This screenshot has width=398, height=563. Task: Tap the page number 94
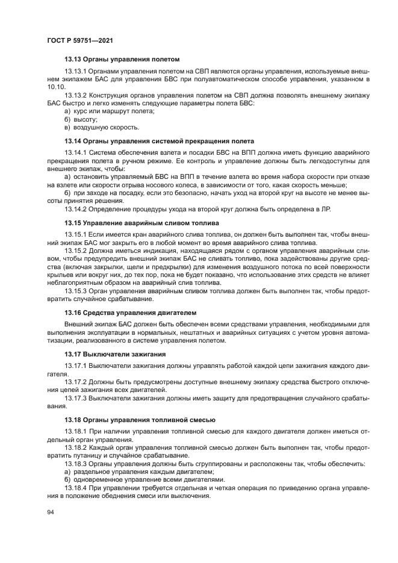click(x=50, y=512)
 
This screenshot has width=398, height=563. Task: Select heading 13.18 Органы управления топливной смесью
click(x=140, y=419)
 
